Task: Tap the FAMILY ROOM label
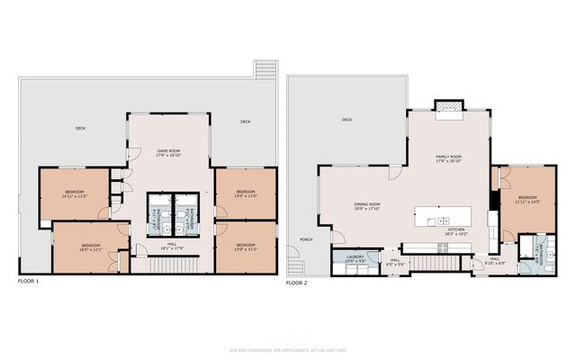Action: [448, 158]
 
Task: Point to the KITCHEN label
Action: [456, 230]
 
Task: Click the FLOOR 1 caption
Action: [29, 282]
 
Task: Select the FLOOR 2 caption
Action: [297, 282]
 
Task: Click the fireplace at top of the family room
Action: [447, 109]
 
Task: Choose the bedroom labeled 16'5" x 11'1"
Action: [91, 247]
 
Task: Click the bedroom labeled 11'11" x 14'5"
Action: [527, 199]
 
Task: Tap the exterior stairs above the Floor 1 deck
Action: [264, 70]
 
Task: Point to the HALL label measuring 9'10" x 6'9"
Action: [495, 261]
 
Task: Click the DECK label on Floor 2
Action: [346, 120]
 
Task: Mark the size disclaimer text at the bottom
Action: [288, 350]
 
